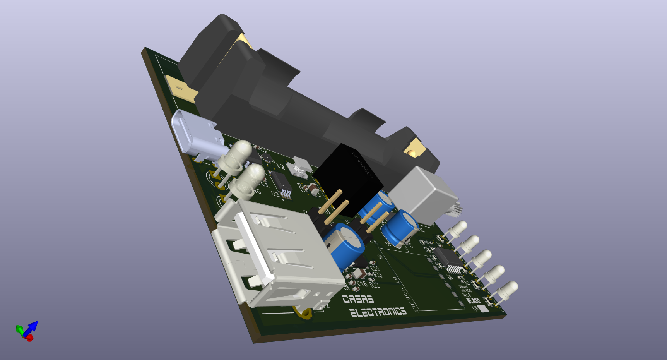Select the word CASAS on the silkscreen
pyautogui.click(x=358, y=299)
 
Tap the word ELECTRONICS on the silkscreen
pyautogui.click(x=378, y=312)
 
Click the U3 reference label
pyautogui.click(x=275, y=193)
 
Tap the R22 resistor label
pyautogui.click(x=375, y=285)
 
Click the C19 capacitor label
pyautogui.click(x=375, y=268)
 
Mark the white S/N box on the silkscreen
pyautogui.click(x=483, y=309)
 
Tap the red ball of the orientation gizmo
pyautogui.click(x=30, y=338)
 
